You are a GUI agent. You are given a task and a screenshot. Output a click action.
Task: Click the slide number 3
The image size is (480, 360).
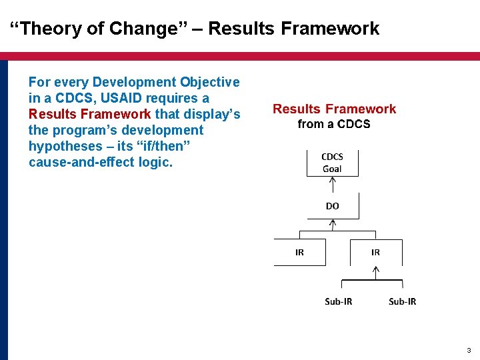click(469, 350)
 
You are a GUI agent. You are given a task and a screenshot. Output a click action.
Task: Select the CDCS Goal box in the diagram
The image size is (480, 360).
click(332, 163)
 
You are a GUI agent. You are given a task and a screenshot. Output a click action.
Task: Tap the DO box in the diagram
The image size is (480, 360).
click(332, 206)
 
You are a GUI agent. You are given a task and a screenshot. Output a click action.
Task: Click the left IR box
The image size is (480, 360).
click(299, 252)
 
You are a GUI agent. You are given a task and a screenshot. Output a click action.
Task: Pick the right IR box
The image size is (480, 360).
click(375, 252)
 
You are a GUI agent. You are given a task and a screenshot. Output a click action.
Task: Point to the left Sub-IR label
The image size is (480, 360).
click(339, 301)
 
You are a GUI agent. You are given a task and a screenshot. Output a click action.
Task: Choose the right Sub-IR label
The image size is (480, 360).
click(403, 301)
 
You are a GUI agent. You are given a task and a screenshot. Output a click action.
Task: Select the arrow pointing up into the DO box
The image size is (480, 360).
click(332, 225)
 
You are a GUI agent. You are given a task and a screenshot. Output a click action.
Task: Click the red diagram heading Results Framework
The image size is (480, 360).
click(334, 109)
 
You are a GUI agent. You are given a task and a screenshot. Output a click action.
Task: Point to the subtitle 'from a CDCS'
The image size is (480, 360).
click(334, 124)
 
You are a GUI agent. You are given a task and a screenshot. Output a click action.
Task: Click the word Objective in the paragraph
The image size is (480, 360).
click(209, 82)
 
